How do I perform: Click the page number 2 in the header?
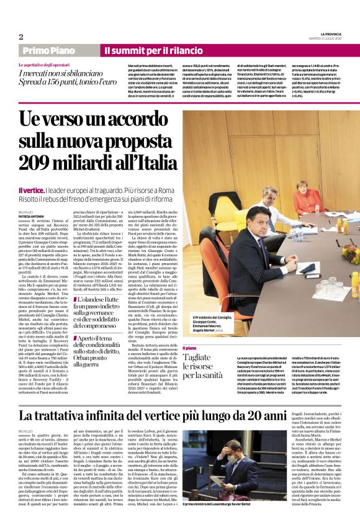click(x=21, y=37)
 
